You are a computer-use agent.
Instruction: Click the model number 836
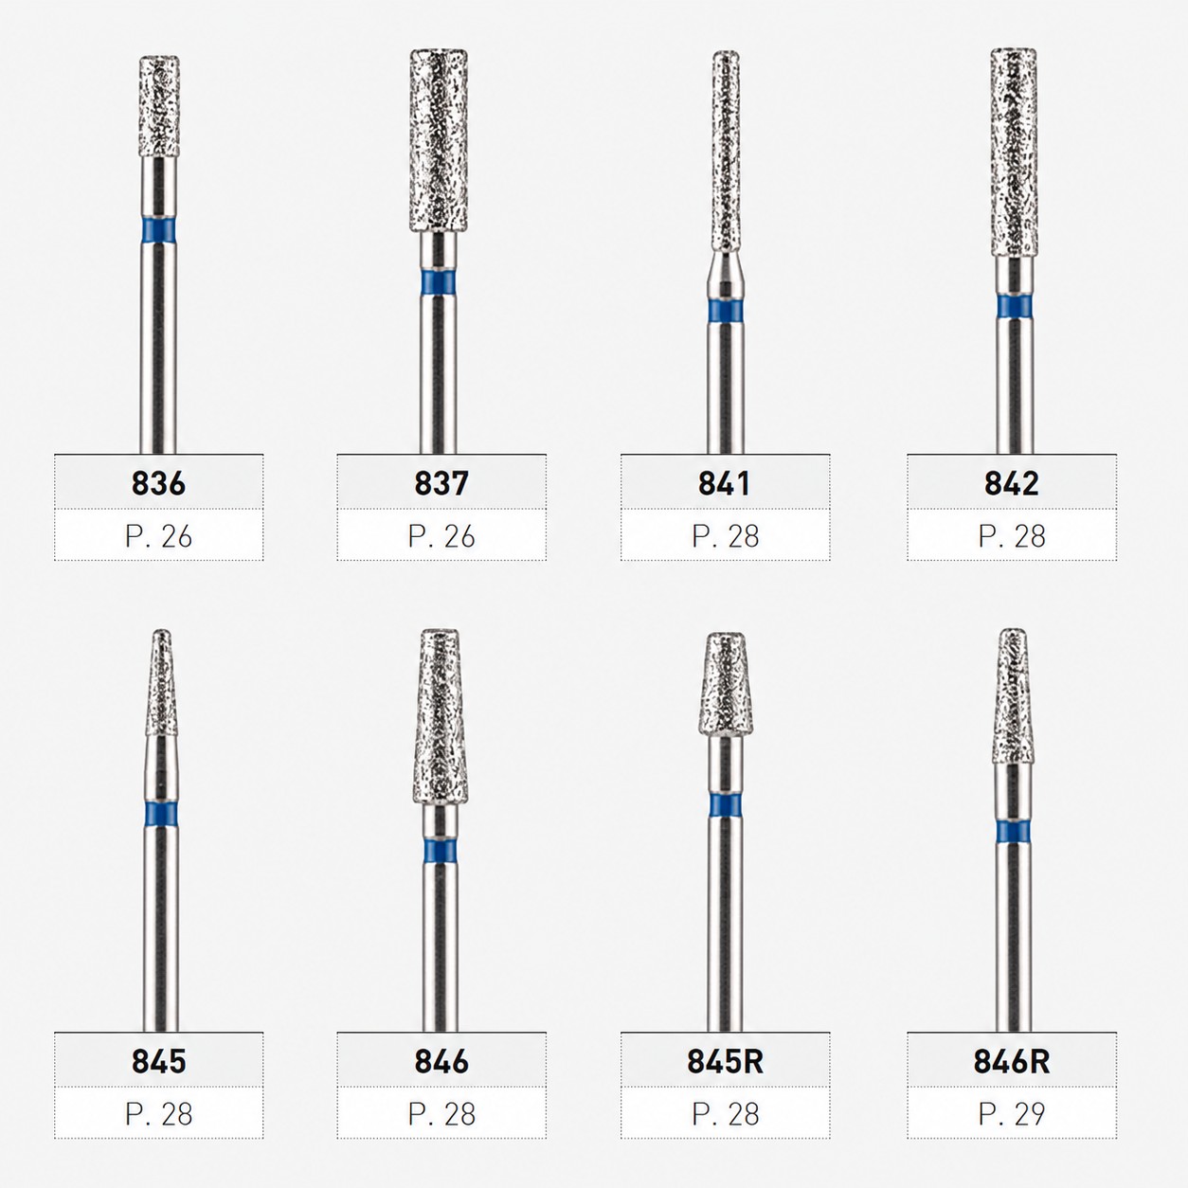[158, 483]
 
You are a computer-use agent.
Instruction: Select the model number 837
[441, 483]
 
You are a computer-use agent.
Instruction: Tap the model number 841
[725, 483]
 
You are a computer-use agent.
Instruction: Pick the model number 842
[1011, 483]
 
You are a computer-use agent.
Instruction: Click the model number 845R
[725, 1061]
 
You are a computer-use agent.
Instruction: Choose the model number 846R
[1012, 1061]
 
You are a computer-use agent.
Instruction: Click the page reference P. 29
[1012, 1113]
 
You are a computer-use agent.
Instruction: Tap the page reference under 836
[158, 536]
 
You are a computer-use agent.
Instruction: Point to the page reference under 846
[441, 1113]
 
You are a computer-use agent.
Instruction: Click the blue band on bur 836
[158, 228]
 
